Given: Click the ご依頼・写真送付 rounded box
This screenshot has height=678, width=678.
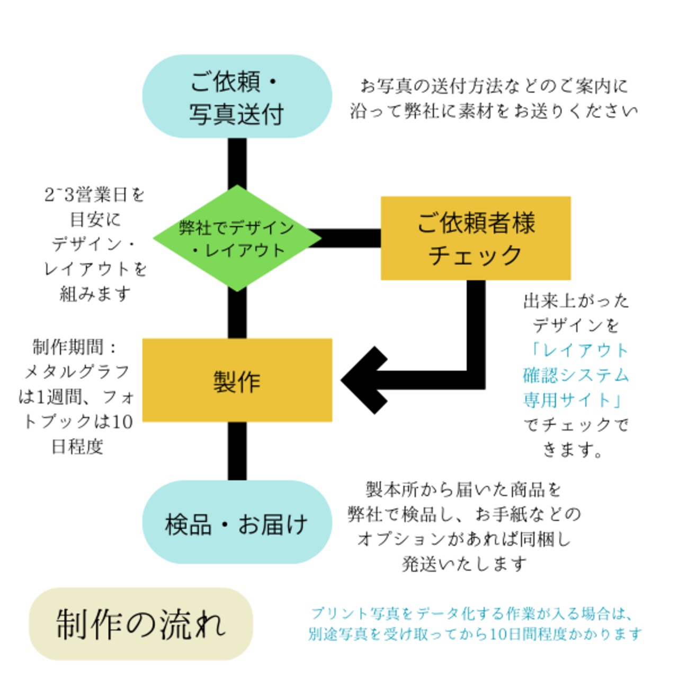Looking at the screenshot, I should click(x=237, y=97).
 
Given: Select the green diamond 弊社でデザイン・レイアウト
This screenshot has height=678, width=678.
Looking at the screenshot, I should click(x=237, y=238).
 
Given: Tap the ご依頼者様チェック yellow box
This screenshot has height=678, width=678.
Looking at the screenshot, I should click(x=476, y=238).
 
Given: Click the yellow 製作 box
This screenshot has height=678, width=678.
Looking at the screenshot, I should click(x=237, y=380).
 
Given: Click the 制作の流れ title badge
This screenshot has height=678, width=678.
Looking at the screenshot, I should click(x=140, y=624).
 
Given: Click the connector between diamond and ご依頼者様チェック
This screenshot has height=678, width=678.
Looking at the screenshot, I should click(x=350, y=238).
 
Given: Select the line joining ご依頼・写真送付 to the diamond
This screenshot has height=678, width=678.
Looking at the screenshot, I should click(x=237, y=162).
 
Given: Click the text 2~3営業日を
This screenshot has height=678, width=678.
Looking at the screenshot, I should click(x=94, y=195).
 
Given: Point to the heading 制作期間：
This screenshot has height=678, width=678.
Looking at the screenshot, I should click(x=75, y=347).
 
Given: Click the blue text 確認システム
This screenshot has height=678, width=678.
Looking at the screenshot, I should click(x=576, y=375).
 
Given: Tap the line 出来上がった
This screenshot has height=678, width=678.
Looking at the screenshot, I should click(x=576, y=301).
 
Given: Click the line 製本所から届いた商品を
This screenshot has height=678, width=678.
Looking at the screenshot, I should click(x=463, y=489).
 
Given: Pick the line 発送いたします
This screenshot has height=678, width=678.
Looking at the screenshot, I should click(x=464, y=564).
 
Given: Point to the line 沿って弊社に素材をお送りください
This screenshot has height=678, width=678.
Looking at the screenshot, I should click(x=494, y=111).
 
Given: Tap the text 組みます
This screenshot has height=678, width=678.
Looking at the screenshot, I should click(x=95, y=293).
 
